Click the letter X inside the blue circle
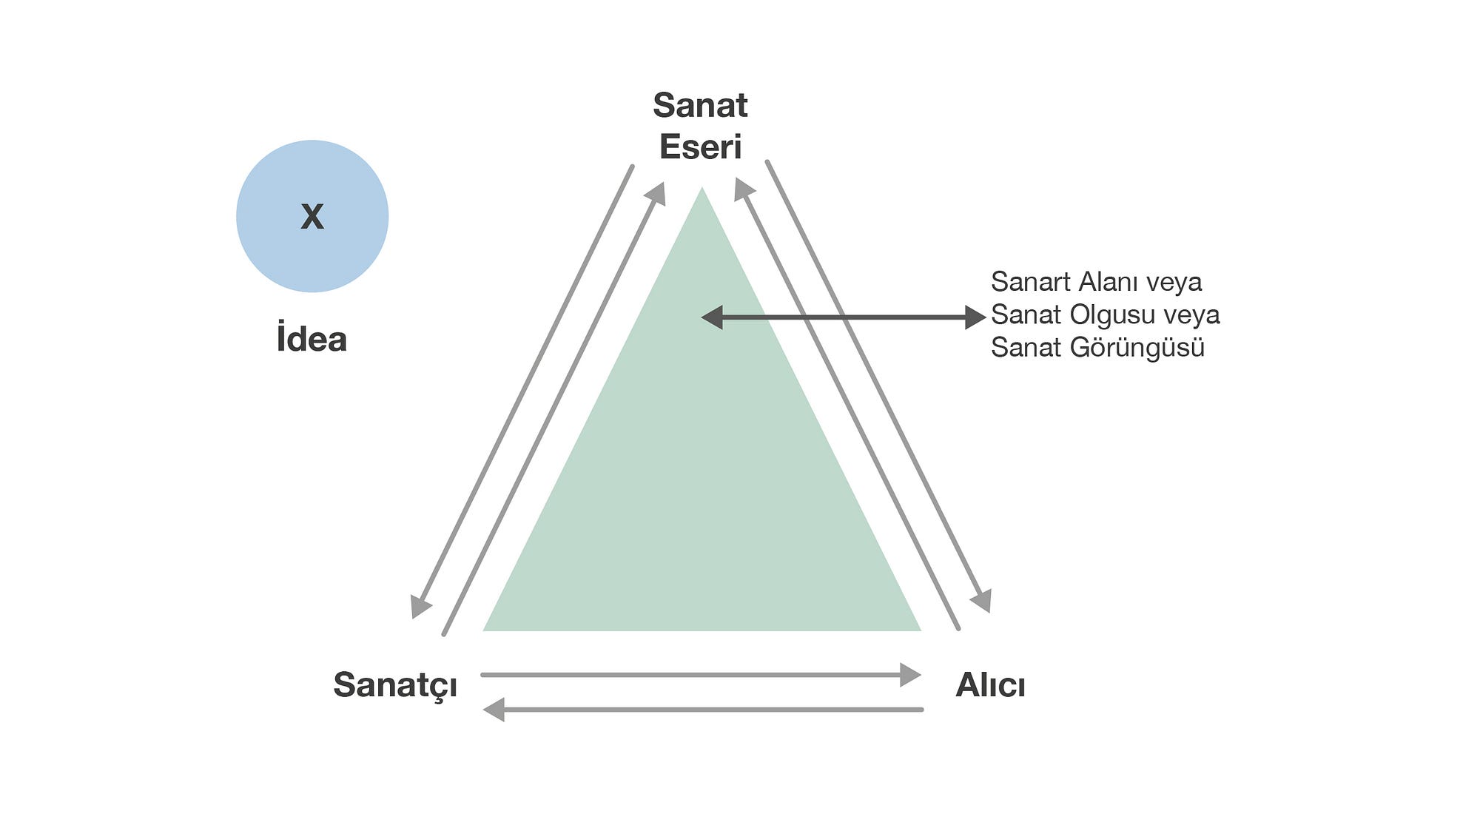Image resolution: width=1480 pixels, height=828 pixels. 312,217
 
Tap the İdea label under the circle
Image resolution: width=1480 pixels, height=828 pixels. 312,340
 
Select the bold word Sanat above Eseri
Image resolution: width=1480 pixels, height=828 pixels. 700,106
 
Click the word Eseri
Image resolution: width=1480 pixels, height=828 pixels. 700,147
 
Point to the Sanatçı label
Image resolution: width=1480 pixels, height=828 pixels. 395,685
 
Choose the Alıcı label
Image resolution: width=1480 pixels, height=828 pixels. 990,685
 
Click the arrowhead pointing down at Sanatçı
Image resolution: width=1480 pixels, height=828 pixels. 420,607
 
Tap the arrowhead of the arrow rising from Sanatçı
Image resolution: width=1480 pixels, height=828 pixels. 656,194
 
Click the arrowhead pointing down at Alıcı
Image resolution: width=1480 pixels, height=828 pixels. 982,601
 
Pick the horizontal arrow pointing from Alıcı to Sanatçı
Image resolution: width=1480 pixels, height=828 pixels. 703,710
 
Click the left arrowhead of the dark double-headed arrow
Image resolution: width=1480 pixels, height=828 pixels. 712,317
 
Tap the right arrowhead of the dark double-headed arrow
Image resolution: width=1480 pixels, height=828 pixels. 975,317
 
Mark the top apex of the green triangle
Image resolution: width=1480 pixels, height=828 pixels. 702,189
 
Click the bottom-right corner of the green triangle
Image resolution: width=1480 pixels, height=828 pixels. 919,630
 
